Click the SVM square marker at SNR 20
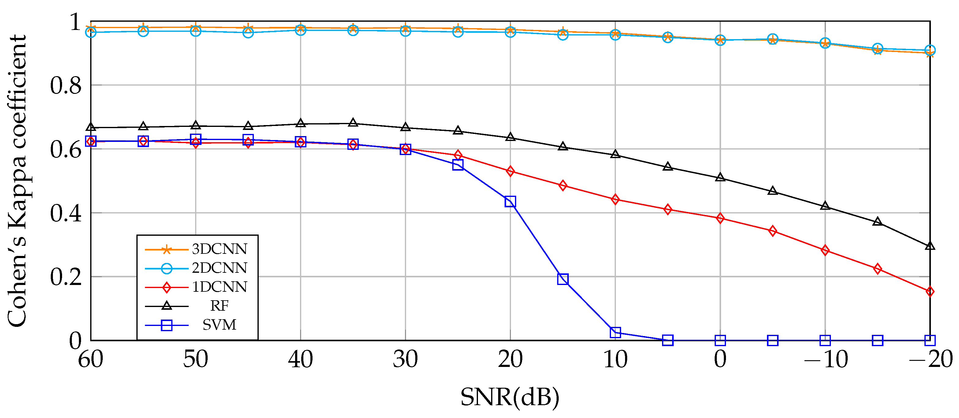[x=510, y=202]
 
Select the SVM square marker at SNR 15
[x=563, y=279]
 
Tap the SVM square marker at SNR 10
[x=615, y=332]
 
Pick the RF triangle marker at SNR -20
[x=930, y=246]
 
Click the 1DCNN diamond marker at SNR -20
[x=930, y=291]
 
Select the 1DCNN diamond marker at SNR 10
[x=615, y=199]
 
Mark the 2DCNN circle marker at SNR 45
[x=248, y=33]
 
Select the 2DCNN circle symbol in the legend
[x=166, y=268]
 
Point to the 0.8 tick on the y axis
[x=66, y=85]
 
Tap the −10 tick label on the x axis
[x=826, y=360]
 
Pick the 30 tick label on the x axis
[x=405, y=360]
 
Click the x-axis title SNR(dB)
[x=510, y=397]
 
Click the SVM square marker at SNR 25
[x=458, y=165]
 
